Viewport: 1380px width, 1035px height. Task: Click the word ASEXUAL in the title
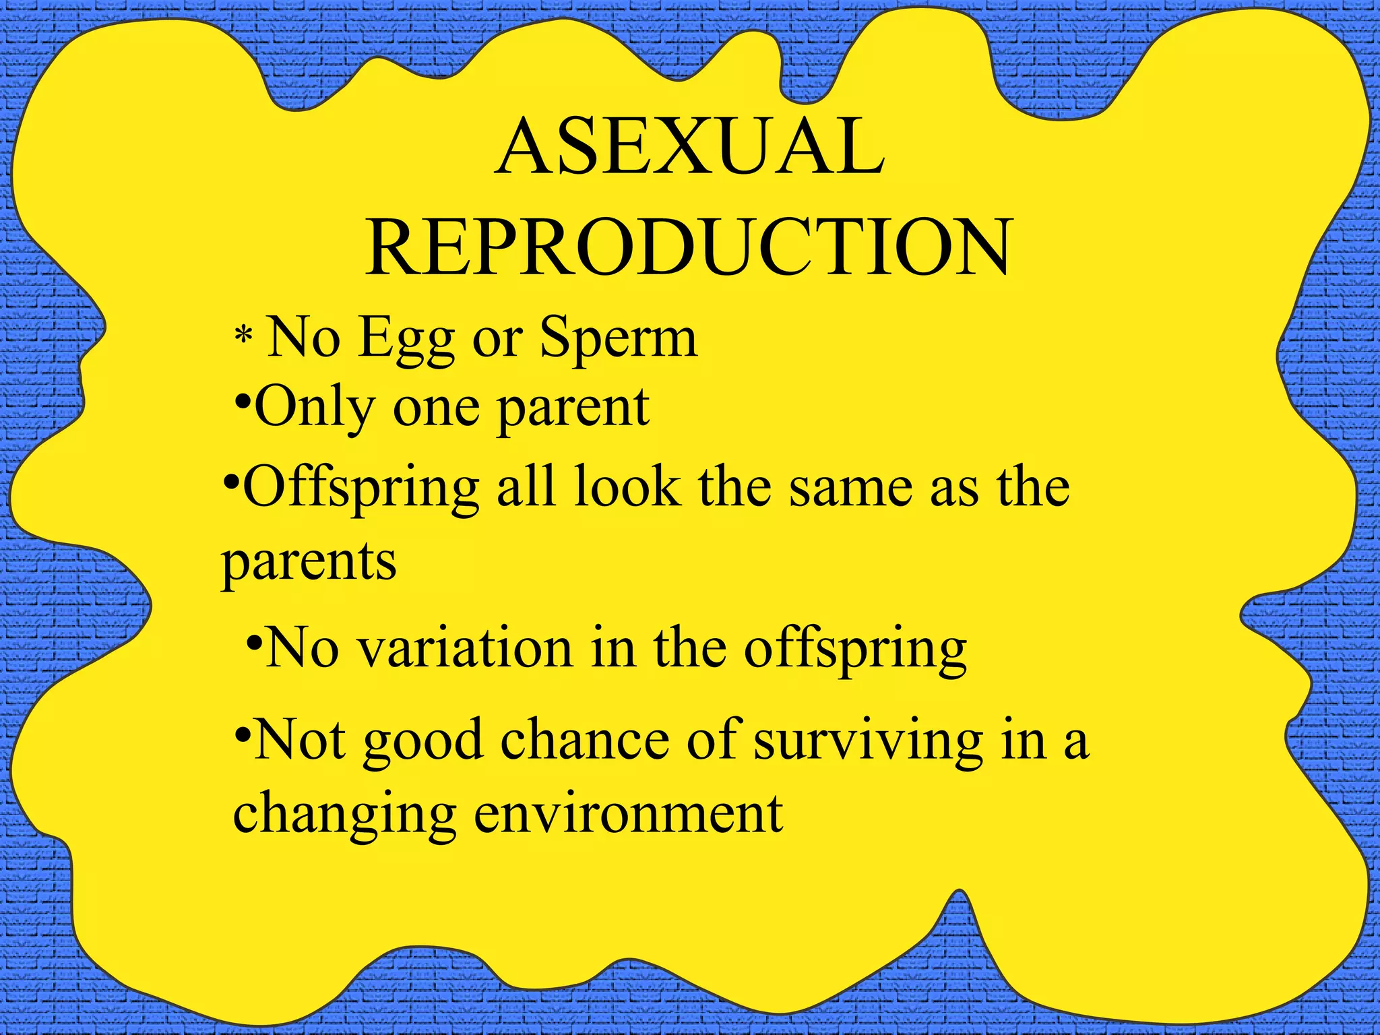click(x=689, y=147)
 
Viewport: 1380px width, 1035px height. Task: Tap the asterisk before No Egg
click(x=243, y=334)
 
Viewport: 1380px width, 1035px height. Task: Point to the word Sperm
click(x=618, y=339)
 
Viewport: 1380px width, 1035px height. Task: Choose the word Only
click(x=315, y=409)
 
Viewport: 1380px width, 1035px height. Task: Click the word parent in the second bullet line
click(x=573, y=409)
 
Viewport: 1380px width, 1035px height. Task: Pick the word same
click(x=850, y=488)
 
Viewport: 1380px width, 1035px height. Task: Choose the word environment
click(x=628, y=813)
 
